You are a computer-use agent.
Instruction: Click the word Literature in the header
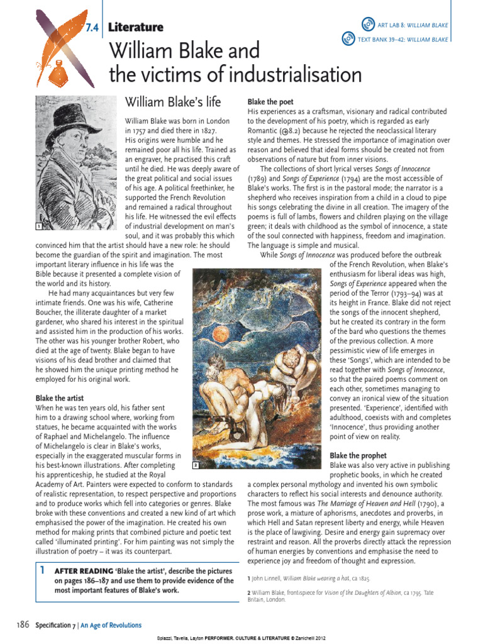136,27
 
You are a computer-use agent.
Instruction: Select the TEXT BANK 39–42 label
402,40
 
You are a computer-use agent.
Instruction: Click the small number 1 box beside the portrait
39,225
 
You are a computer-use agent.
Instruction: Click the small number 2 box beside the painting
196,465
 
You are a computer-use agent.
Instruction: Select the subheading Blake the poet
270,102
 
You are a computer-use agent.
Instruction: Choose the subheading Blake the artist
60,398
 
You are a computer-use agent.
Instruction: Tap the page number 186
23,625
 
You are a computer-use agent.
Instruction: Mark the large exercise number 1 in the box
41,570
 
